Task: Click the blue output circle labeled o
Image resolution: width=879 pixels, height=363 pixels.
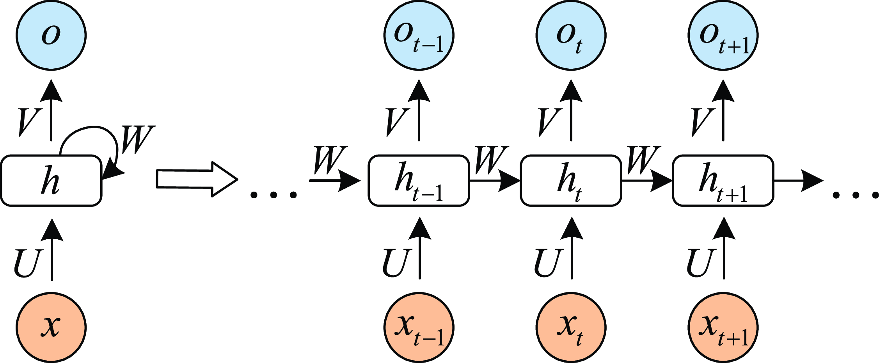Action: point(51,35)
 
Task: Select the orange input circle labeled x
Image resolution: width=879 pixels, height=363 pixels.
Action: point(51,327)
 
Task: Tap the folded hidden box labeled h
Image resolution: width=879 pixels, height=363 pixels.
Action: point(51,180)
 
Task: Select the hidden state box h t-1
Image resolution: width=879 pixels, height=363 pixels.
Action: point(419,180)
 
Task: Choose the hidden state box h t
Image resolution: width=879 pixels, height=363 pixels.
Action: point(570,180)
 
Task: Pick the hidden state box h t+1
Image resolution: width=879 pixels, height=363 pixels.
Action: point(723,180)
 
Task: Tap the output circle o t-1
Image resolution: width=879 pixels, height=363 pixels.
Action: point(419,35)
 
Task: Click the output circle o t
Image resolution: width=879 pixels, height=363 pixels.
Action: point(570,35)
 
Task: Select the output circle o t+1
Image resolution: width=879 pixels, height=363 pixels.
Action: point(723,35)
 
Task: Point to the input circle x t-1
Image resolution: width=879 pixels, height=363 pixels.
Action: point(419,327)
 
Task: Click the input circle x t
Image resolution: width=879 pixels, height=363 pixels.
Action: point(570,327)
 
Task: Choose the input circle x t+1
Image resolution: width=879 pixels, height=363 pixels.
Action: point(723,327)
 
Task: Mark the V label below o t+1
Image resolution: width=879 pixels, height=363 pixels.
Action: point(702,121)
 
